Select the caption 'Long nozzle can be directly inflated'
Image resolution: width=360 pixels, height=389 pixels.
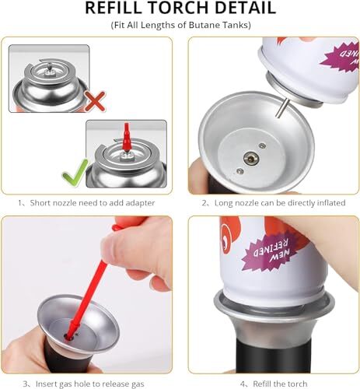pos(271,202)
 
